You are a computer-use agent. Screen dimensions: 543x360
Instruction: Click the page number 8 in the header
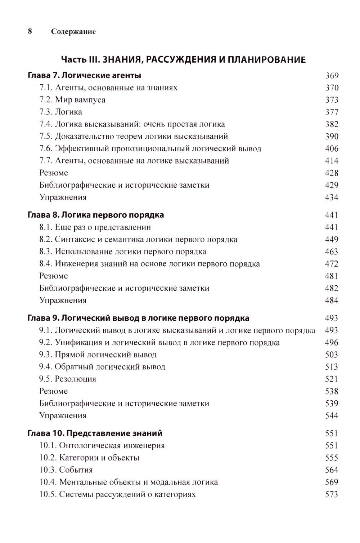coord(30,31)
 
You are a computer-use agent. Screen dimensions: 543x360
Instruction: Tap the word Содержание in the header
coord(73,32)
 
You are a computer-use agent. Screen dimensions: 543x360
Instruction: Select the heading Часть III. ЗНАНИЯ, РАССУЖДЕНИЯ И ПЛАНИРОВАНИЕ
coord(183,59)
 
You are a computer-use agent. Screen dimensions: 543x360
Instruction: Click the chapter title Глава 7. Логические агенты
coord(84,76)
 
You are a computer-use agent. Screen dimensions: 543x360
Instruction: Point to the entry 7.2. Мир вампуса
coord(72,100)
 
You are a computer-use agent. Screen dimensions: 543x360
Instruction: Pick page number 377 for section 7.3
coord(332,112)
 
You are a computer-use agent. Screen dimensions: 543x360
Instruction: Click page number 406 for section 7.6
coord(332,148)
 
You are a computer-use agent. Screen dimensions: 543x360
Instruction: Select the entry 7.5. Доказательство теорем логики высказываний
coord(134,137)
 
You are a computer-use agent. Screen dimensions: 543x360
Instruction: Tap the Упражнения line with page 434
coord(63,197)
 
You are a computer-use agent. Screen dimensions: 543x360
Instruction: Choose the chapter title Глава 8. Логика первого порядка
coord(96,215)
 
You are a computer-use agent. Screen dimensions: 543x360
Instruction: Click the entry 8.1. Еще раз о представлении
coord(95,227)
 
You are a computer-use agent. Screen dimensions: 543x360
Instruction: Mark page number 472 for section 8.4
coord(332,264)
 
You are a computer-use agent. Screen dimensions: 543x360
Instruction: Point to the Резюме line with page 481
coord(54,276)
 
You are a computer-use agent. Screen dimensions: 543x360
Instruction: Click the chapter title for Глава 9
coord(139,318)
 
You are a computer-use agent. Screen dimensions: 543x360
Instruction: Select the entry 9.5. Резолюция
coord(68,379)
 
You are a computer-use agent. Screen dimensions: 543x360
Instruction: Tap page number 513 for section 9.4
coord(332,367)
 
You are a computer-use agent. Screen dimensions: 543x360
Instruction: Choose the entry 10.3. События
coord(66,470)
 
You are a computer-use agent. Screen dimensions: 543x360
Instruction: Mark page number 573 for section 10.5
coord(332,494)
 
